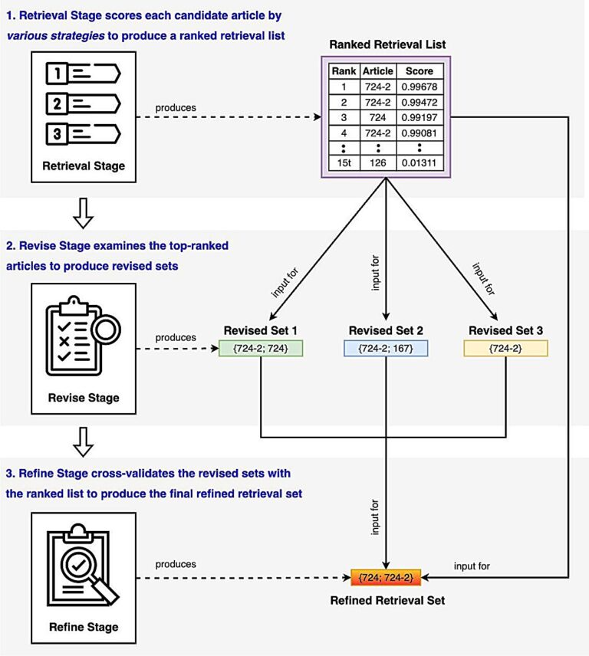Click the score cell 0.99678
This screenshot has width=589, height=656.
[420, 87]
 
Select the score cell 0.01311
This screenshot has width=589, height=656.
[420, 162]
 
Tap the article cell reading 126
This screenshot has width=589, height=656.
[377, 162]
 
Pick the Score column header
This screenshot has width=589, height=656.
[420, 71]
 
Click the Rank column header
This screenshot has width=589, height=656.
[344, 71]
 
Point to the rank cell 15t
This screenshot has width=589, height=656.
[344, 162]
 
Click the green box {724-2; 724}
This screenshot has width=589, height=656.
[261, 348]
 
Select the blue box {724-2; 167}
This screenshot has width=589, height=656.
[386, 348]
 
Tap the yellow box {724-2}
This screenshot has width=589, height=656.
[505, 348]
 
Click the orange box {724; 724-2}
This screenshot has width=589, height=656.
[386, 578]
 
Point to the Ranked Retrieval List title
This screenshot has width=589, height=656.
[387, 44]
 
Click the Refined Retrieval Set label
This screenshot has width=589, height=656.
[387, 600]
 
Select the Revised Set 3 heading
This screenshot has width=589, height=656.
[505, 330]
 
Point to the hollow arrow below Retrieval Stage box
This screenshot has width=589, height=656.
[83, 213]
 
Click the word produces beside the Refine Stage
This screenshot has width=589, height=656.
[176, 564]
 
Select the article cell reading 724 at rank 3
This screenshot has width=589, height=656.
[377, 117]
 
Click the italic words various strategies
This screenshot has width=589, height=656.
[56, 35]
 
